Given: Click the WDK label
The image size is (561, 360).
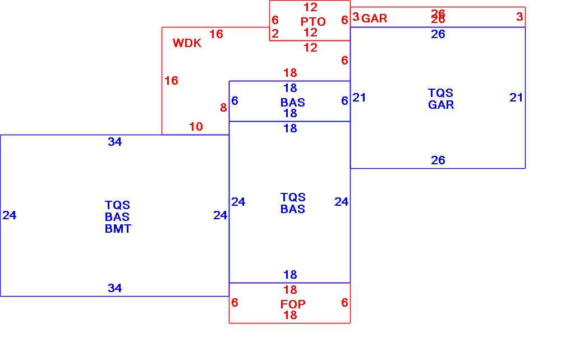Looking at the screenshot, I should click(187, 43).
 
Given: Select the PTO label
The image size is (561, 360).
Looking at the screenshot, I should click(313, 21).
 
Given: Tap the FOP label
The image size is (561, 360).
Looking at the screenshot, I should click(293, 304).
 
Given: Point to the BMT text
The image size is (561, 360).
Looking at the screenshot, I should click(118, 228).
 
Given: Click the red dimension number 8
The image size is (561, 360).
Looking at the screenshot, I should click(223, 108).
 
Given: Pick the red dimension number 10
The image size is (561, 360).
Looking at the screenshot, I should click(196, 127).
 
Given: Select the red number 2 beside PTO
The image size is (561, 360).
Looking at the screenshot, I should click(275, 34).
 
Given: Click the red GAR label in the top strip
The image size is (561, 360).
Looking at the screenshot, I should click(374, 18).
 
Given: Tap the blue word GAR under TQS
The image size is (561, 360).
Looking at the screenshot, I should click(441, 104).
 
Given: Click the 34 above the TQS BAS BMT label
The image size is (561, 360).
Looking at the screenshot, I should click(114, 142).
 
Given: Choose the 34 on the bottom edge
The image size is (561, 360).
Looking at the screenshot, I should click(114, 288).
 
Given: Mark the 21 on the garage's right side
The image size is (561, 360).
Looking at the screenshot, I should click(516, 98).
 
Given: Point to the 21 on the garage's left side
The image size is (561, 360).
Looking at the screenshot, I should click(359, 98).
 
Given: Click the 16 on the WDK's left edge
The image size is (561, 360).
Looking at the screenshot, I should click(171, 81).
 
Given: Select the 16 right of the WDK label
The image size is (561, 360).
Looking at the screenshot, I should click(216, 34).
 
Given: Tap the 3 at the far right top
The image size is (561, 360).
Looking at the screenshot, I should click(519, 17).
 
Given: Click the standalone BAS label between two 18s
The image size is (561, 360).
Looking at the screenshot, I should click(293, 102).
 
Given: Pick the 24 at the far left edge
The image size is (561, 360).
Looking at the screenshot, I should click(10, 215).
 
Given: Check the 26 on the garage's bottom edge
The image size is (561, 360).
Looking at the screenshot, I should click(438, 160).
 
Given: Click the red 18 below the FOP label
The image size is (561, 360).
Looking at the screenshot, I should click(290, 315).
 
